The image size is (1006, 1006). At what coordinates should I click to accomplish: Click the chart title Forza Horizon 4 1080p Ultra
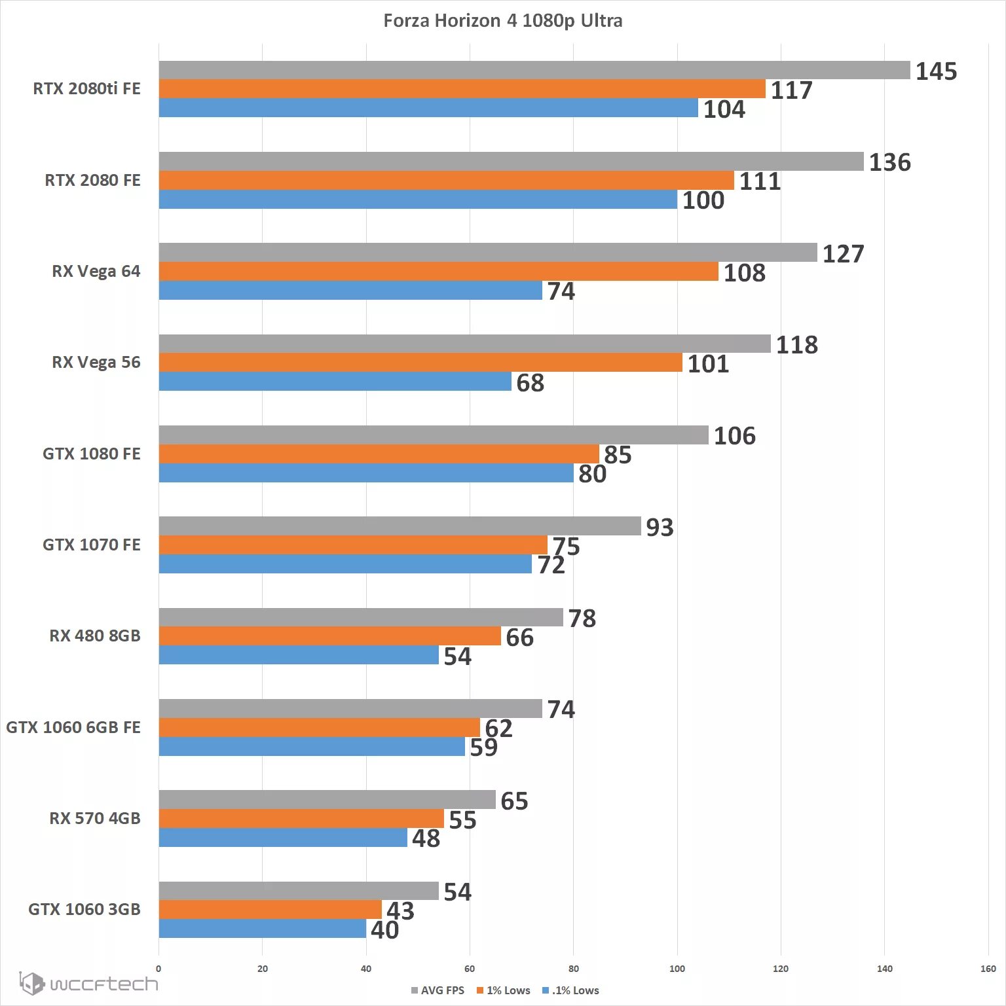(x=502, y=21)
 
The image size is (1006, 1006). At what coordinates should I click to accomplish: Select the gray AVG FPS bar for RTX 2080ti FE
(x=534, y=70)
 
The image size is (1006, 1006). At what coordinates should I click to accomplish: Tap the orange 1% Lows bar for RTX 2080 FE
(x=446, y=181)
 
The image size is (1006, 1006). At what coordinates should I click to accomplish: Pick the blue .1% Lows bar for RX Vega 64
(x=350, y=291)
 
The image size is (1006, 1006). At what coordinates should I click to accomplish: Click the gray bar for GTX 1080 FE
(x=433, y=435)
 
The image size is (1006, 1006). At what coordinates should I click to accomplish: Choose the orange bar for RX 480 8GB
(x=329, y=636)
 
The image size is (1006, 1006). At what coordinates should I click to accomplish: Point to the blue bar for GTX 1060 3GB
(x=262, y=929)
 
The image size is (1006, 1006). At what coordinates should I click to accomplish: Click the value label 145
(x=936, y=71)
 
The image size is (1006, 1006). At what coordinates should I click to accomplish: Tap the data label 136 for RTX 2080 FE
(x=889, y=162)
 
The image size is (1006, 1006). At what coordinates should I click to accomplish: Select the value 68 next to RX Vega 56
(x=530, y=383)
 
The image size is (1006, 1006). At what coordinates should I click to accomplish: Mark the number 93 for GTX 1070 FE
(x=660, y=527)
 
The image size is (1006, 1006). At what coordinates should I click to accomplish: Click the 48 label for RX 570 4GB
(x=426, y=838)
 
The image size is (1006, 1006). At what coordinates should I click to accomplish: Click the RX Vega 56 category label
(x=96, y=363)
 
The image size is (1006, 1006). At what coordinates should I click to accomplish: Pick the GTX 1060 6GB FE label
(x=73, y=727)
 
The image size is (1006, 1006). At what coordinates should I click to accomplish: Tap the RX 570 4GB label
(x=95, y=818)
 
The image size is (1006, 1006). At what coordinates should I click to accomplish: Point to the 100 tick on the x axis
(x=677, y=969)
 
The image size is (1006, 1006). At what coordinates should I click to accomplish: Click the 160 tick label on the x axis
(x=988, y=969)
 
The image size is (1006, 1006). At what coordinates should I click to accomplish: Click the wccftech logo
(x=88, y=984)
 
